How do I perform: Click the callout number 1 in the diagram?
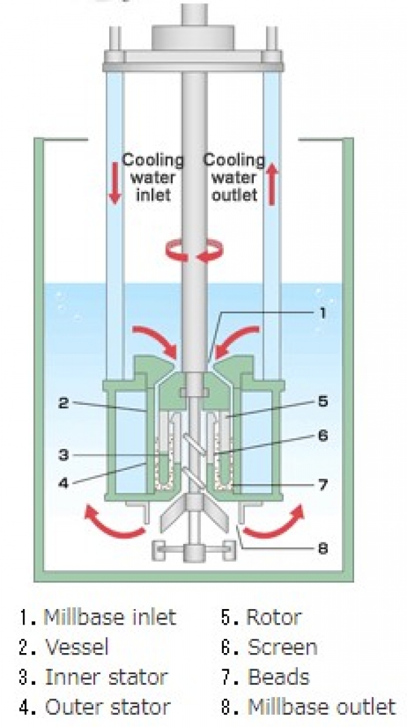(323, 313)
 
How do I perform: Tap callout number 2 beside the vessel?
(62, 403)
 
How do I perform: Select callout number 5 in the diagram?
(323, 401)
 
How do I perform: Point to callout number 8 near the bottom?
(323, 547)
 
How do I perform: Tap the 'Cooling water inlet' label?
(153, 178)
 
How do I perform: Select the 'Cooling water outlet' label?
(235, 178)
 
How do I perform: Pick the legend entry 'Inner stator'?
(106, 677)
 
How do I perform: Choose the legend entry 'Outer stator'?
(108, 707)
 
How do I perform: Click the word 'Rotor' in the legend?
(273, 617)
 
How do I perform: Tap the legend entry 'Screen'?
(282, 647)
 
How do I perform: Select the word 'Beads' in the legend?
(278, 677)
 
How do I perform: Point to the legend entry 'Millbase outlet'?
(321, 707)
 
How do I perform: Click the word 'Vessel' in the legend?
(77, 647)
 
